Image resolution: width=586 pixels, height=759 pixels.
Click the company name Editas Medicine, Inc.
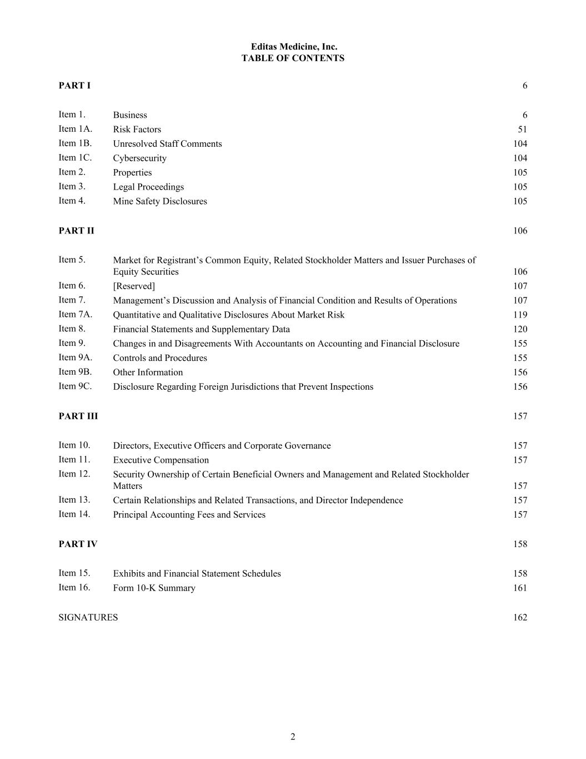coord(293,47)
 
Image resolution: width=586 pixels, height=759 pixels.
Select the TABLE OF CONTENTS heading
coord(293,58)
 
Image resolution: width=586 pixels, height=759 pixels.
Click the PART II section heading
coord(76,230)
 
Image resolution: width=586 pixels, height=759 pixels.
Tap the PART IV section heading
coord(78,544)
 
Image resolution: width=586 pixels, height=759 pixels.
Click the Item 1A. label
coord(76,129)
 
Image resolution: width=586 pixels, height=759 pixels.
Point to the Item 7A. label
coord(76,315)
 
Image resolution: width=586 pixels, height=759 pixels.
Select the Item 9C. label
coord(75,386)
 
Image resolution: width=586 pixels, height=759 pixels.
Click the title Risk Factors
coord(137,130)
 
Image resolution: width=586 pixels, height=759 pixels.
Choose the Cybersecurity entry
coord(139,158)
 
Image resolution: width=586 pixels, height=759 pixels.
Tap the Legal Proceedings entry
coord(148,187)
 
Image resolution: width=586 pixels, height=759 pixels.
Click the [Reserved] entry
coord(134,286)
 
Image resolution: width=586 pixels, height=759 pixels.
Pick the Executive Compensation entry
coord(161,460)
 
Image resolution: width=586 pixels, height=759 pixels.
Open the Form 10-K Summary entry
coord(154,588)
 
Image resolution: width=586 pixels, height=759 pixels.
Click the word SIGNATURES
coord(88,617)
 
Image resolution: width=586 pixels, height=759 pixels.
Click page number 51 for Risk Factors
coord(522,130)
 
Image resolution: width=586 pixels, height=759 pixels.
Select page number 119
coord(520,315)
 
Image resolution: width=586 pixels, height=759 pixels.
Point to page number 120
coord(520,329)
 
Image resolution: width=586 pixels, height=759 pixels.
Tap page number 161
coord(520,588)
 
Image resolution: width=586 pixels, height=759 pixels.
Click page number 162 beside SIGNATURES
coord(520,617)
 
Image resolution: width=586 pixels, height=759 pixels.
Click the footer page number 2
coord(293,737)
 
